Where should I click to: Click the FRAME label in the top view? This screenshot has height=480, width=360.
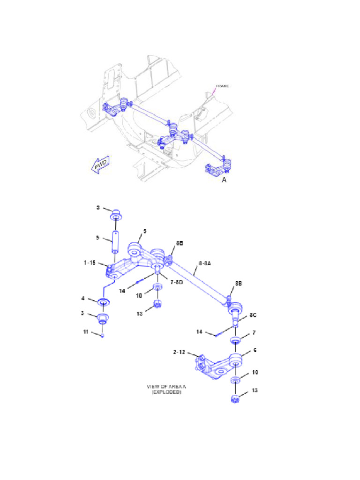pyautogui.click(x=222, y=86)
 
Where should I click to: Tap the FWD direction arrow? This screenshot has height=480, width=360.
pyautogui.click(x=100, y=165)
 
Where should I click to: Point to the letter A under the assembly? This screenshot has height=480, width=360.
pyautogui.click(x=224, y=180)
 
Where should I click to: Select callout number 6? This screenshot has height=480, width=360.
pyautogui.click(x=255, y=350)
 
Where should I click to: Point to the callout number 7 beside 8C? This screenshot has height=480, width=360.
pyautogui.click(x=254, y=332)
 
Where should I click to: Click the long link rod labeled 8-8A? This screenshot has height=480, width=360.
pyautogui.click(x=197, y=284)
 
